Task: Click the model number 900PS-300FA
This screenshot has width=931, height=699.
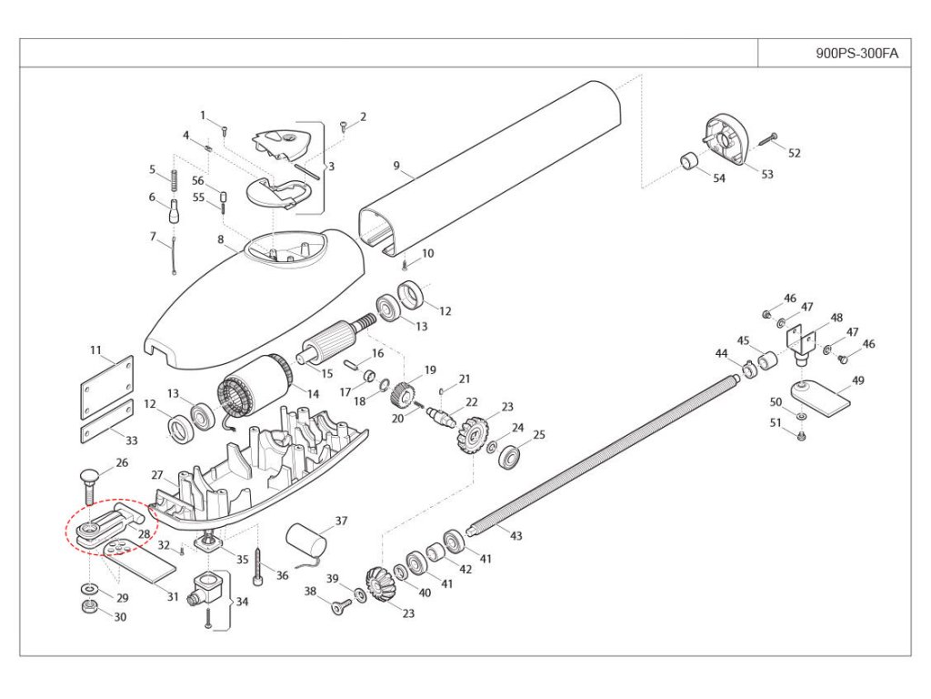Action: [856, 54]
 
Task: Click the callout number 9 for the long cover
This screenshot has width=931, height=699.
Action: [396, 166]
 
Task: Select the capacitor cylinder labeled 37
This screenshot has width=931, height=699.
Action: [306, 543]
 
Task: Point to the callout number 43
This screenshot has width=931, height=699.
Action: [516, 535]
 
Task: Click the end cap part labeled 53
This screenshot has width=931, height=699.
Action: [726, 140]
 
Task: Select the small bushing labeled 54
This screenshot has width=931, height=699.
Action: [689, 161]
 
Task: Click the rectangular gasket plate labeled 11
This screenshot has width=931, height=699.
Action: [107, 388]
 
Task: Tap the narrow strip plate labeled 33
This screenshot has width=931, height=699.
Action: [107, 421]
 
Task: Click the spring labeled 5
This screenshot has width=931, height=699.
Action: [174, 181]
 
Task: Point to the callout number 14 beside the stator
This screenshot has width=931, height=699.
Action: [313, 393]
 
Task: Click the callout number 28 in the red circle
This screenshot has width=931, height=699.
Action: [145, 533]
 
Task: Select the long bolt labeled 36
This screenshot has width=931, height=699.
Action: [258, 566]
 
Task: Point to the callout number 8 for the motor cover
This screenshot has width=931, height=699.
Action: [221, 239]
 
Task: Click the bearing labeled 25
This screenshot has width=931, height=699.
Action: [509, 457]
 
